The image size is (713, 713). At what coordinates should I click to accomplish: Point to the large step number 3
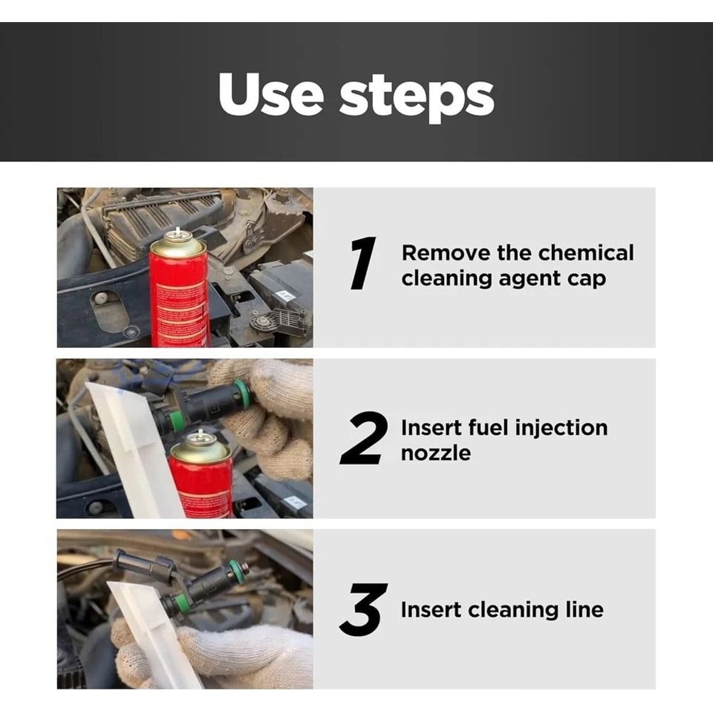point(364,610)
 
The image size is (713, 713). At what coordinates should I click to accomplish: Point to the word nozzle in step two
point(436,453)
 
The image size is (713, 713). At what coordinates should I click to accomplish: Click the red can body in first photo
point(178,299)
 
